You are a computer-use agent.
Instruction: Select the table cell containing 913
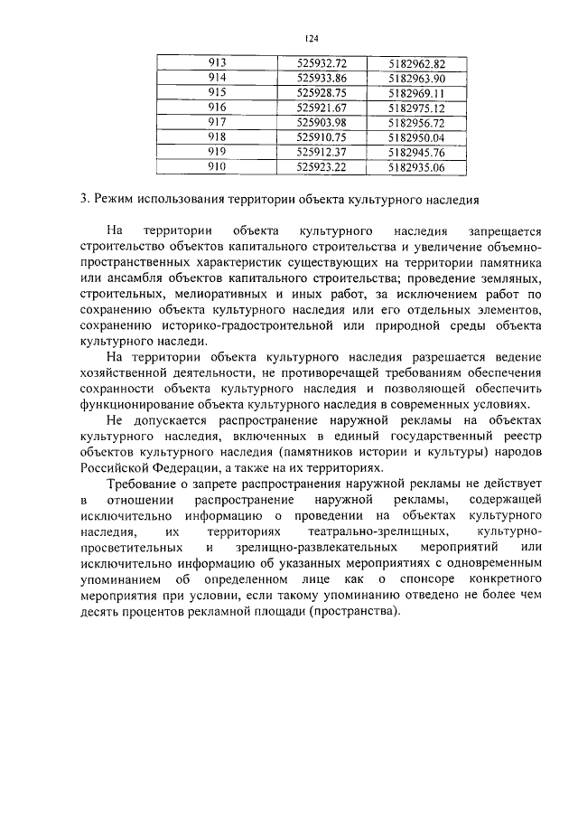[217, 63]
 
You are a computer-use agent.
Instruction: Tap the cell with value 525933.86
[322, 78]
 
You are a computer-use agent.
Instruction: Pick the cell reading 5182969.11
[416, 93]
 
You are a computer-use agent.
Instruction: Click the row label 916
[217, 108]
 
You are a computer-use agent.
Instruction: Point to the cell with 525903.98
[322, 122]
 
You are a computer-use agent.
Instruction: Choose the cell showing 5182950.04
[416, 137]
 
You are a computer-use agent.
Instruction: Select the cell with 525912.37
[322, 152]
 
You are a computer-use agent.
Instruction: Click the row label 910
[217, 167]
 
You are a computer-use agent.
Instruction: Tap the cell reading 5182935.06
[416, 167]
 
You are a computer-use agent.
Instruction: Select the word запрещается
[499, 231]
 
